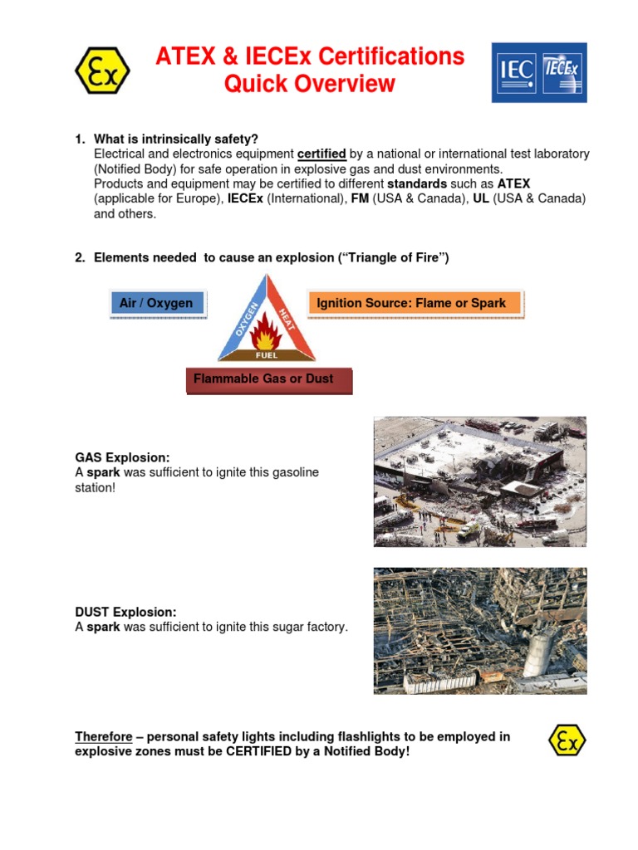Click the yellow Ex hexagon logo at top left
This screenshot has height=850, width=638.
[x=102, y=71]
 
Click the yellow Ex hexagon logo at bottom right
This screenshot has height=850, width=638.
[x=567, y=739]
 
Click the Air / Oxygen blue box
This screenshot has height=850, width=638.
[x=156, y=304]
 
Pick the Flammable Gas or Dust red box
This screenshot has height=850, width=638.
[x=264, y=379]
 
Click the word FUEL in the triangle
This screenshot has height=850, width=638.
[x=267, y=355]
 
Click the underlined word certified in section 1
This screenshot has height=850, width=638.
[x=321, y=154]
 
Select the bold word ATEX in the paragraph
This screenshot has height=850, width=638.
[x=513, y=183]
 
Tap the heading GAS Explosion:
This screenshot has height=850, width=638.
[x=122, y=457]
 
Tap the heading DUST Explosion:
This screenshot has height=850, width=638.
[x=125, y=613]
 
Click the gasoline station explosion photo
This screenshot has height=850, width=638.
[x=479, y=481]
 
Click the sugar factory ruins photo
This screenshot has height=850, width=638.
[x=479, y=631]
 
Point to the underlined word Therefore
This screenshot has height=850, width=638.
[x=104, y=736]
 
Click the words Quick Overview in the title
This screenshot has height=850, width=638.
[x=310, y=84]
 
